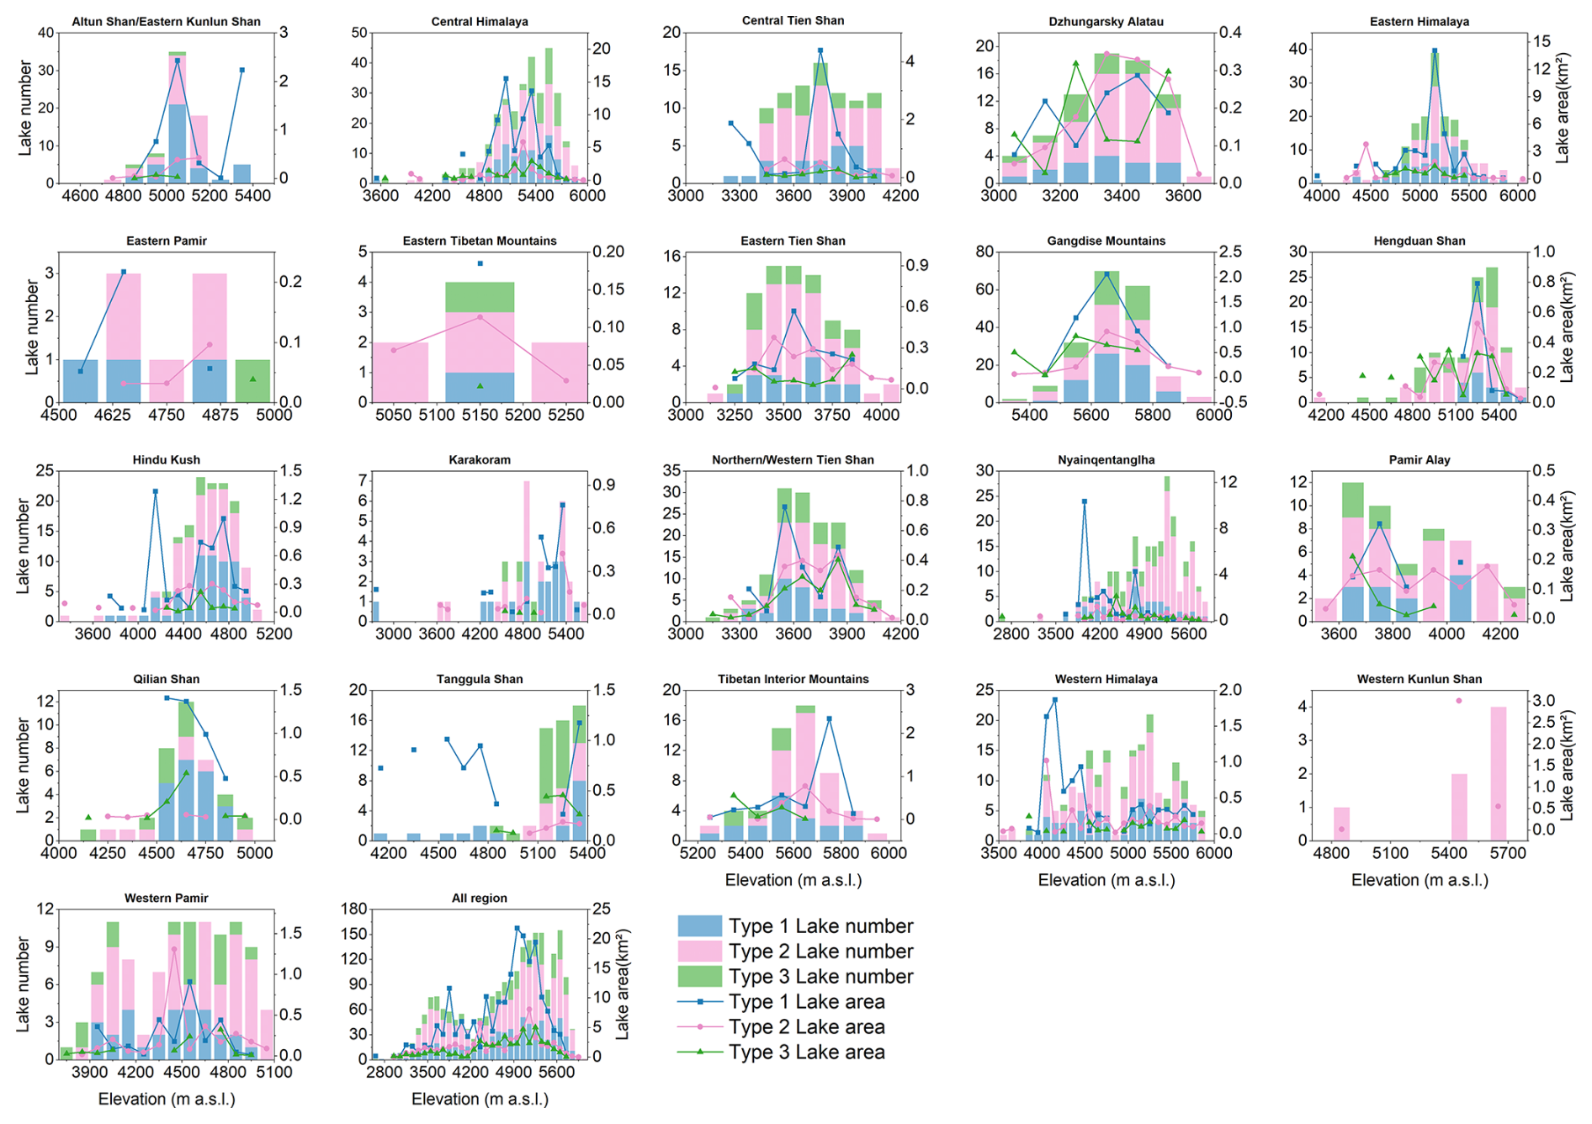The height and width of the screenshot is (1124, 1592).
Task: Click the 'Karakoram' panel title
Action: click(480, 460)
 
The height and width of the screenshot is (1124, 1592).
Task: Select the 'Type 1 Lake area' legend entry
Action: click(806, 1002)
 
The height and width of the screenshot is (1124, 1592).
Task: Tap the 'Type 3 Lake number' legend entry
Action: click(820, 977)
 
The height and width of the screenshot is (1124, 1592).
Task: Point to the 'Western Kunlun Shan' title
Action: click(1420, 679)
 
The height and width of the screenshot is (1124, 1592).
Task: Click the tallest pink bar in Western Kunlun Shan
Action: click(1499, 772)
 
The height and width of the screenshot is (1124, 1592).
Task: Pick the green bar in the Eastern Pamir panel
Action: click(252, 381)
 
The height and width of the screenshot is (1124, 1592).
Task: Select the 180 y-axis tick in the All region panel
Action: click(356, 909)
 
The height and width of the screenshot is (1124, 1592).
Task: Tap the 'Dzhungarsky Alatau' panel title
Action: click(1106, 22)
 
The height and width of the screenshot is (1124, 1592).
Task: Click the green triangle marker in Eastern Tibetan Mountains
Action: click(480, 385)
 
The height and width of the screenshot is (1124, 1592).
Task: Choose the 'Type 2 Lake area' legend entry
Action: click(806, 1027)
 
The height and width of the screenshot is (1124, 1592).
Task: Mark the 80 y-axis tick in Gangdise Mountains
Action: click(984, 252)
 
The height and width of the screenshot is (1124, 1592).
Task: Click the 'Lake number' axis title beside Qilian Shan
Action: click(23, 765)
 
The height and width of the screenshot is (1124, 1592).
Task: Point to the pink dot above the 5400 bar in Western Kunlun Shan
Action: click(1459, 701)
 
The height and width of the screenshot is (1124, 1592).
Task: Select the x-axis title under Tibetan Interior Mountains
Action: click(793, 880)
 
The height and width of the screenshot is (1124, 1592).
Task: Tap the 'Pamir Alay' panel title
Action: click(1420, 460)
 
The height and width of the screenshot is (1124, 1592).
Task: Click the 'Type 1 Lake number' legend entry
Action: click(820, 926)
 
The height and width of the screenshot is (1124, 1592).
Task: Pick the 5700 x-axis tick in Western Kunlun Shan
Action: click(1507, 853)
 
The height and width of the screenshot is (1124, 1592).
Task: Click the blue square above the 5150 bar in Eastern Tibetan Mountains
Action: click(480, 263)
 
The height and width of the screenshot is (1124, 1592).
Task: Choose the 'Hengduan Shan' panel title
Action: click(1420, 241)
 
